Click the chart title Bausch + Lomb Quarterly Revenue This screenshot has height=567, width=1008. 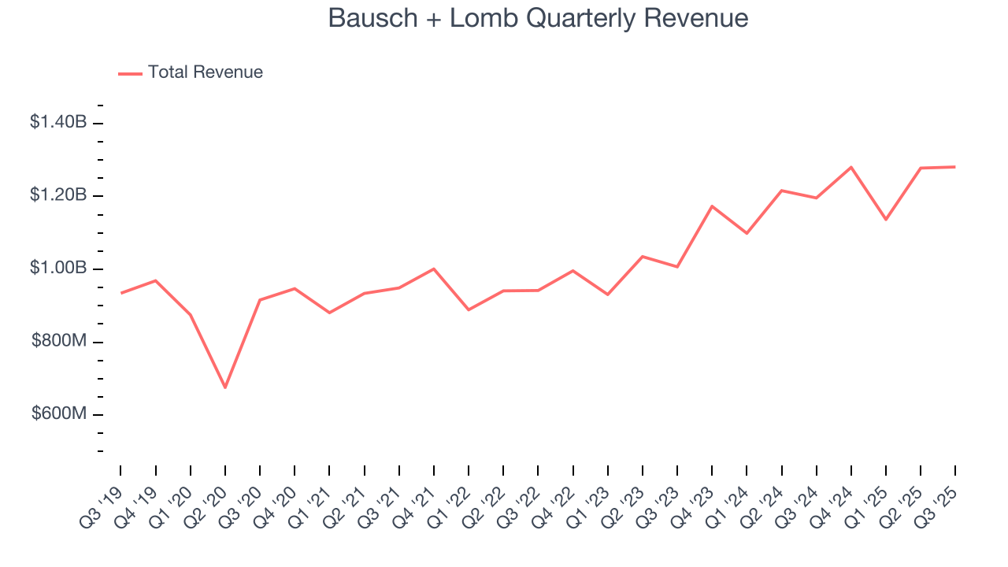click(538, 18)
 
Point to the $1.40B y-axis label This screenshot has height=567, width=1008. click(58, 122)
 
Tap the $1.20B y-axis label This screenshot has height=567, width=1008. click(58, 195)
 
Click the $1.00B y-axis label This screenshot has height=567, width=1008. click(58, 269)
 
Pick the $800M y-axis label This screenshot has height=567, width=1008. click(59, 342)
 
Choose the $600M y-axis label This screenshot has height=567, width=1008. click(59, 414)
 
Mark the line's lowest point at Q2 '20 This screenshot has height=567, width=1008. click(225, 387)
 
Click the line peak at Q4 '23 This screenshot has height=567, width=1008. click(712, 206)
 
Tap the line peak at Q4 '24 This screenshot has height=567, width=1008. click(851, 167)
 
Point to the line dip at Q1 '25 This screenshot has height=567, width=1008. click(886, 219)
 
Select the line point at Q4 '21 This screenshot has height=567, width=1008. click(434, 269)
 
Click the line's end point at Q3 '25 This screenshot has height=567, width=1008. click(955, 167)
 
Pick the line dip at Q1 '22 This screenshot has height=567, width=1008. click(469, 309)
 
